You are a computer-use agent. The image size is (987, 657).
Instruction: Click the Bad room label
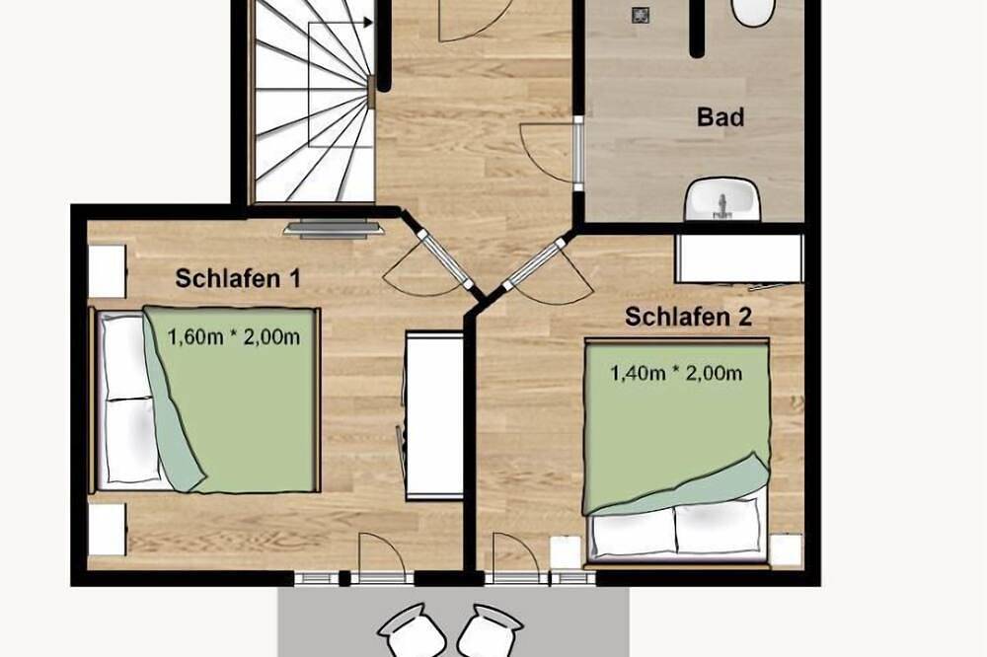pyautogui.click(x=721, y=117)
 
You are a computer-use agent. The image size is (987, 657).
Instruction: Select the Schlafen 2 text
pyautogui.click(x=689, y=317)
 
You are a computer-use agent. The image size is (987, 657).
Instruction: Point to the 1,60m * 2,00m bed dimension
pyautogui.click(x=234, y=337)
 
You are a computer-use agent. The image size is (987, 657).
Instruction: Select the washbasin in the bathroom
pyautogui.click(x=723, y=199)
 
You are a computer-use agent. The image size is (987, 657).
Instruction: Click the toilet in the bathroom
pyautogui.click(x=753, y=12)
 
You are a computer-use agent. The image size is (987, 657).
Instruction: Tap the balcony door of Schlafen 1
pyautogui.click(x=380, y=559)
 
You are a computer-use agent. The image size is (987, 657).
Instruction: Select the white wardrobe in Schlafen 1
pyautogui.click(x=434, y=415)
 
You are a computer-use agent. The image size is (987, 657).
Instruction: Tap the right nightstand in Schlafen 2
pyautogui.click(x=787, y=549)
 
